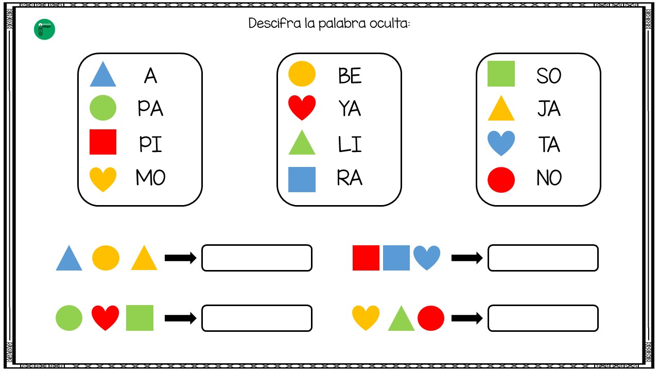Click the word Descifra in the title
click(x=274, y=23)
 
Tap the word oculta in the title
click(x=390, y=23)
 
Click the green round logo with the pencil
click(x=44, y=29)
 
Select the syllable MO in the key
click(x=151, y=178)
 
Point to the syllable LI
click(x=350, y=144)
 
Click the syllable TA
click(x=549, y=144)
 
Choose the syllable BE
click(x=350, y=76)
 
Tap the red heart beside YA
click(x=302, y=108)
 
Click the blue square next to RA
click(x=302, y=180)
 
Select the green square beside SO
click(x=501, y=74)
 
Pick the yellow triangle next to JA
click(x=501, y=108)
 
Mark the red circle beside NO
click(x=501, y=180)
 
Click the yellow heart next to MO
click(x=102, y=179)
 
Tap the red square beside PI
click(x=103, y=142)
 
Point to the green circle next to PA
click(x=102, y=108)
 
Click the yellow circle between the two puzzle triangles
click(x=106, y=258)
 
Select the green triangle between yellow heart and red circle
click(x=401, y=318)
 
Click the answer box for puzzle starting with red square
click(x=543, y=258)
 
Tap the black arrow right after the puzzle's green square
click(x=180, y=318)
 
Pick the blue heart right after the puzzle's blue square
click(x=427, y=258)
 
